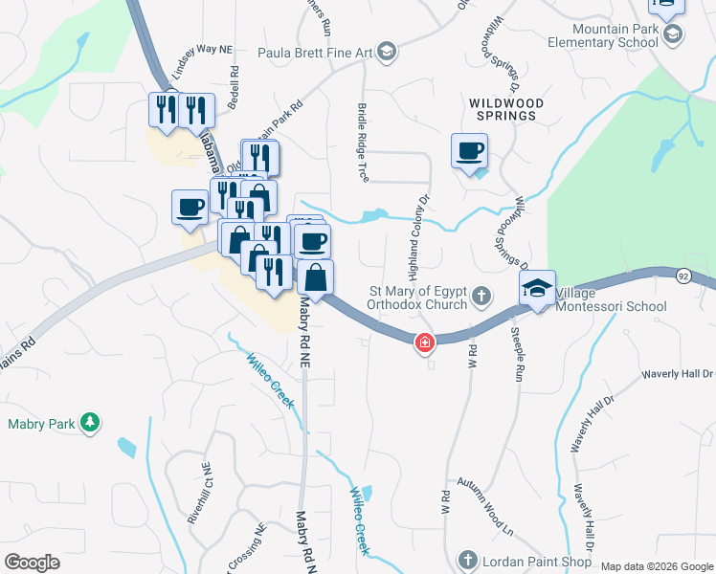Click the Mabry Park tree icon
90,423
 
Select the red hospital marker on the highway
423,342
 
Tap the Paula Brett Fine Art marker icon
386,51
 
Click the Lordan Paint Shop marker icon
468,559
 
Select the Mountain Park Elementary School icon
672,34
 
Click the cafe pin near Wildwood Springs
469,151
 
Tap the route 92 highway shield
682,276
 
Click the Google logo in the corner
32,563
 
